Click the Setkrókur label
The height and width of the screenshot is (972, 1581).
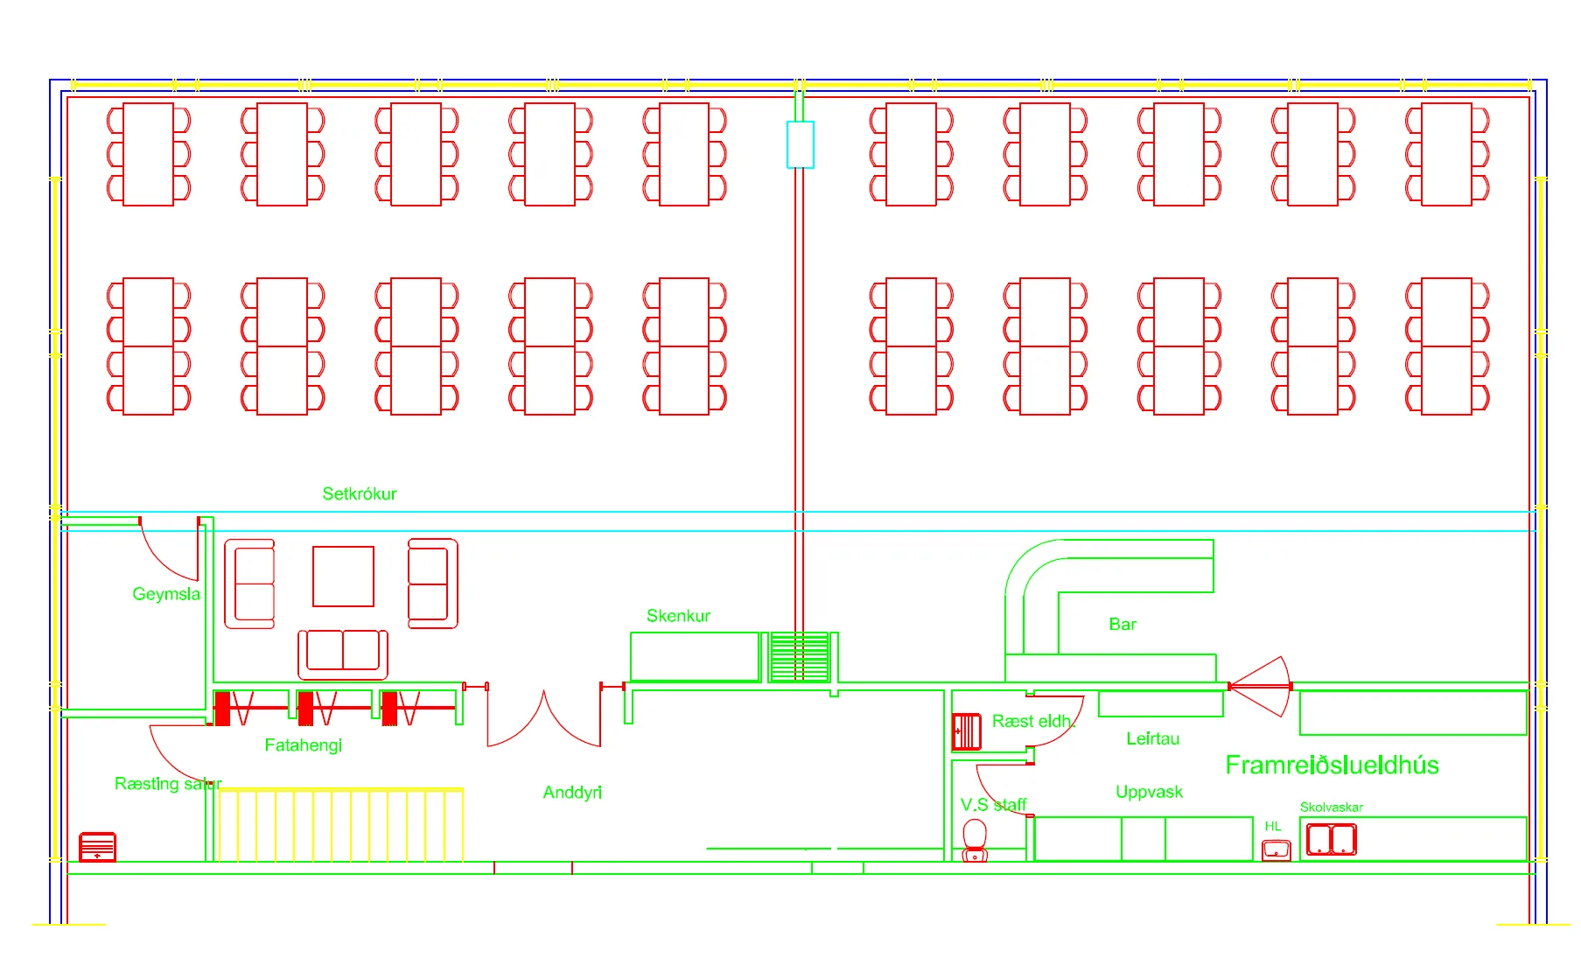tap(359, 493)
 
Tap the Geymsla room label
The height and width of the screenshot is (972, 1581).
tap(166, 594)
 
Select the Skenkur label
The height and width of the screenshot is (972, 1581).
tap(678, 616)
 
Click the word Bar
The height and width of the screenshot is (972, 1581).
tap(1123, 624)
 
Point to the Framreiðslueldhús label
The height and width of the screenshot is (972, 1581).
tap(1332, 766)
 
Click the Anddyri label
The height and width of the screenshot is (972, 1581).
tap(572, 793)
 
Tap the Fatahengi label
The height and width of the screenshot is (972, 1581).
tap(303, 745)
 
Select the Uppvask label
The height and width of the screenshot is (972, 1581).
tap(1149, 792)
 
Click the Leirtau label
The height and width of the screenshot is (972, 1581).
tap(1152, 738)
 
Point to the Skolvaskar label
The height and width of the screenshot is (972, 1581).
tap(1331, 808)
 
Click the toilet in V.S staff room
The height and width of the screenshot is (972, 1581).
tap(975, 840)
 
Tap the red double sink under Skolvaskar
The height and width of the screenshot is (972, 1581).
tap(1331, 840)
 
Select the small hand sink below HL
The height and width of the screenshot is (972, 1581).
tap(1277, 850)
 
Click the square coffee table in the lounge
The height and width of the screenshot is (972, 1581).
tap(344, 577)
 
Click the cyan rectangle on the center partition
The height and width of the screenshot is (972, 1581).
tap(801, 144)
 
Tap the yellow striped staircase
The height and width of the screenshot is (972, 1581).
tap(340, 825)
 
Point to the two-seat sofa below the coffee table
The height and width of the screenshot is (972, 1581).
tap(343, 653)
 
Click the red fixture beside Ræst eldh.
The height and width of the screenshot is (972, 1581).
tap(967, 731)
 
